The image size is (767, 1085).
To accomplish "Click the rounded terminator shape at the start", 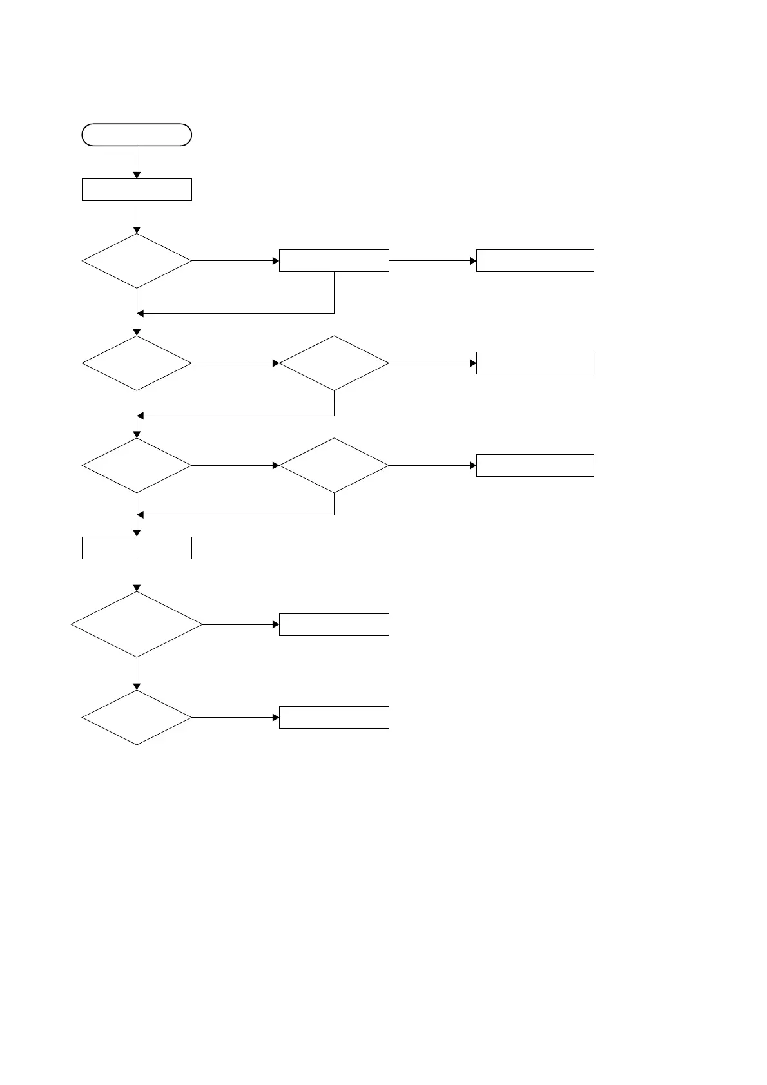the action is [137, 135].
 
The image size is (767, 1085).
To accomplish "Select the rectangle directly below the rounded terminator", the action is [137, 190].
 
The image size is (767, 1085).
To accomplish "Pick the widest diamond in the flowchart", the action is [137, 624].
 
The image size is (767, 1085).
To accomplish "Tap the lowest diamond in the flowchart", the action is [137, 717].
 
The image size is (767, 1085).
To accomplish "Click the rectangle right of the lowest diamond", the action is [334, 717].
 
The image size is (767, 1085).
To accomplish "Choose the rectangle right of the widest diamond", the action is [334, 624].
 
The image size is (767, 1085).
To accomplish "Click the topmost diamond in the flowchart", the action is [137, 260].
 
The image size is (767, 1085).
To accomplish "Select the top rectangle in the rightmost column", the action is [535, 260].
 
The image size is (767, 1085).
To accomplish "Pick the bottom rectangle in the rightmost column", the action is [535, 465].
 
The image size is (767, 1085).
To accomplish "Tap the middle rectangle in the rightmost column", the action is [535, 363].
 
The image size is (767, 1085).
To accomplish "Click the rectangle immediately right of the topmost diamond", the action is [334, 260].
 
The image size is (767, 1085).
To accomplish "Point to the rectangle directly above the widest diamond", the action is [137, 548].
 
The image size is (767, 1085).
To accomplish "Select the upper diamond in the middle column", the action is [334, 363].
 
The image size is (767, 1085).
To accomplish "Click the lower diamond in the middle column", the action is [334, 465].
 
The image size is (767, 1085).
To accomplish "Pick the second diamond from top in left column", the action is [137, 363].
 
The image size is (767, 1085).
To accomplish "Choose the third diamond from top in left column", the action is [137, 465].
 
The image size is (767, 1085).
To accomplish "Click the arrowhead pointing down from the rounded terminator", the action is [137, 175].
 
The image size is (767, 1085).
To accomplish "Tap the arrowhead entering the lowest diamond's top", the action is [137, 687].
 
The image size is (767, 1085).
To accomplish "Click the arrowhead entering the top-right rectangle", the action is [473, 260].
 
